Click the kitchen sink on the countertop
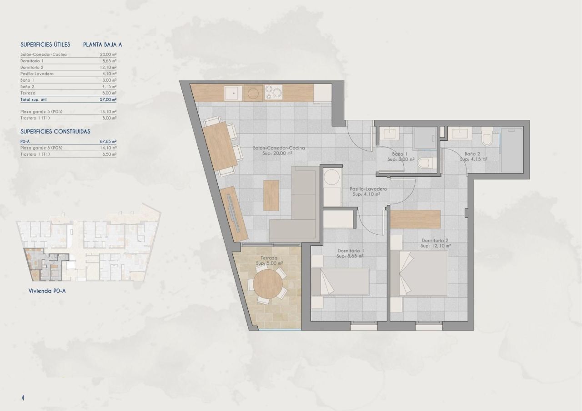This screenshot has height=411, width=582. click(x=233, y=94)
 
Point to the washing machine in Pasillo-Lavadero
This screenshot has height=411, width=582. click(x=331, y=177)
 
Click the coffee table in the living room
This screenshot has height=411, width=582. click(x=271, y=195)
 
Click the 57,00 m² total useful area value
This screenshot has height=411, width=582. click(x=108, y=99)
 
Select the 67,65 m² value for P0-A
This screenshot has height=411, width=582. click(x=108, y=142)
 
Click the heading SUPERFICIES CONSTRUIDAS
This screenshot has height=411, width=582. click(x=55, y=132)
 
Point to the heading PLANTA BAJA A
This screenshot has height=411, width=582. click(x=102, y=45)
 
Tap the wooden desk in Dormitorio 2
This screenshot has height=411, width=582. click(x=416, y=219)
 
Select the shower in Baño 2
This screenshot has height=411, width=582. click(x=512, y=150)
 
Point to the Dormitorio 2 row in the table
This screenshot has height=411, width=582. click(x=32, y=67)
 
